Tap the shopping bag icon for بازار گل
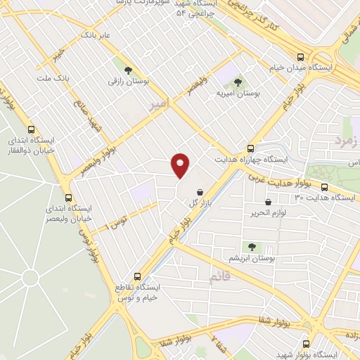click(x=200, y=191)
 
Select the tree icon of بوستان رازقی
click(x=128, y=70)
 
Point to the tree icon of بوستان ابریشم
click(x=252, y=246)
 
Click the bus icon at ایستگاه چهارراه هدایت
click(x=250, y=148)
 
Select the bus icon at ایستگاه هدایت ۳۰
click(x=324, y=187)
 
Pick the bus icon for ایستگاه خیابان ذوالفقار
click(x=30, y=129)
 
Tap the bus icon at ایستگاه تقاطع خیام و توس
click(x=137, y=276)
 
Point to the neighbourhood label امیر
click(x=160, y=105)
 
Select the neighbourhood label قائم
click(x=219, y=278)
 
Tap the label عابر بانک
click(x=96, y=34)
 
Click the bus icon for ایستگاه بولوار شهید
click(x=306, y=344)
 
